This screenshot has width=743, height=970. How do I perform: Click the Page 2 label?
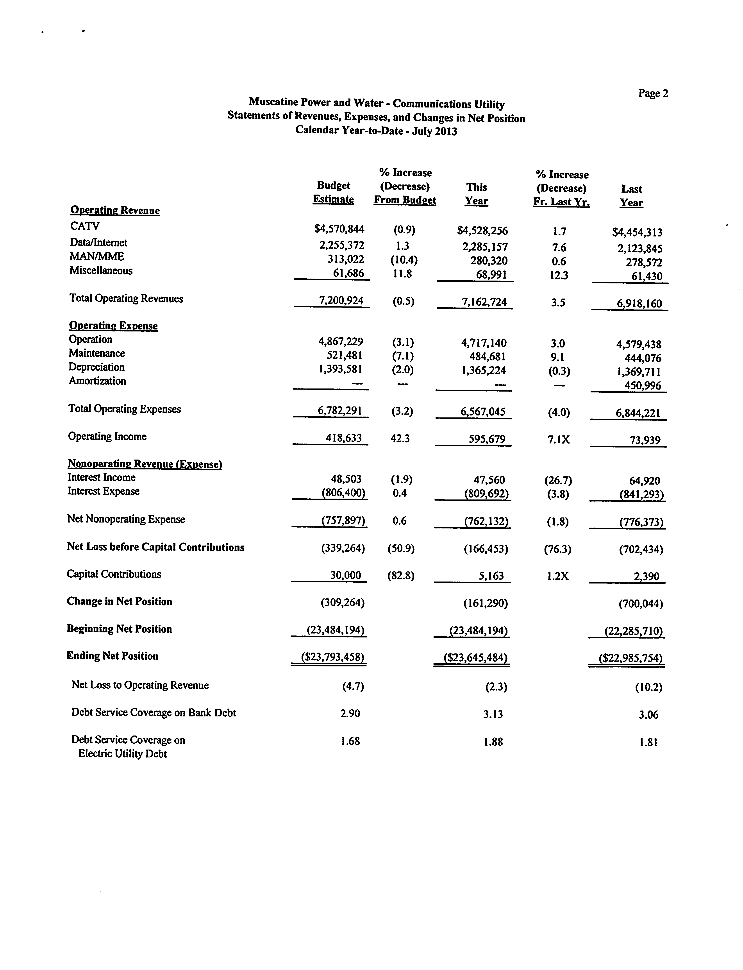653,93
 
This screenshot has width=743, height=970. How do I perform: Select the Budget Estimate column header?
334,192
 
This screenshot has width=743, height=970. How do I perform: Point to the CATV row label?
84,226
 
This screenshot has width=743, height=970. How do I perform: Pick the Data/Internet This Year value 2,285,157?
485,247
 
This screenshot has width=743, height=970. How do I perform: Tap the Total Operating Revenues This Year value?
484,302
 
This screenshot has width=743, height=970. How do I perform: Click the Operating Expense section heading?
113,326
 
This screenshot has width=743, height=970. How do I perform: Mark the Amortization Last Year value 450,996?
643,386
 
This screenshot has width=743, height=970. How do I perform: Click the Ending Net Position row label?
112,656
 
